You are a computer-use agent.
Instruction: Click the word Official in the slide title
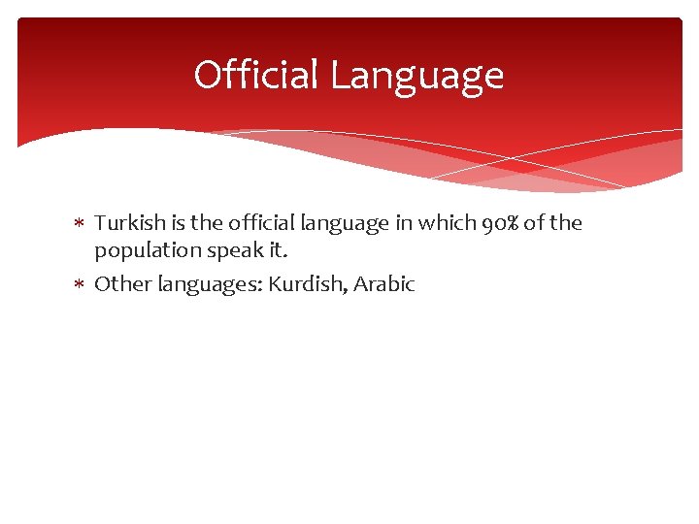[x=256, y=75]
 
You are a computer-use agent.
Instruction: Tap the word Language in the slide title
[x=416, y=75]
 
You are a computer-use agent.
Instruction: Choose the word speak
[x=226, y=250]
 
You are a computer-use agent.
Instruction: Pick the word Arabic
[x=383, y=284]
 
